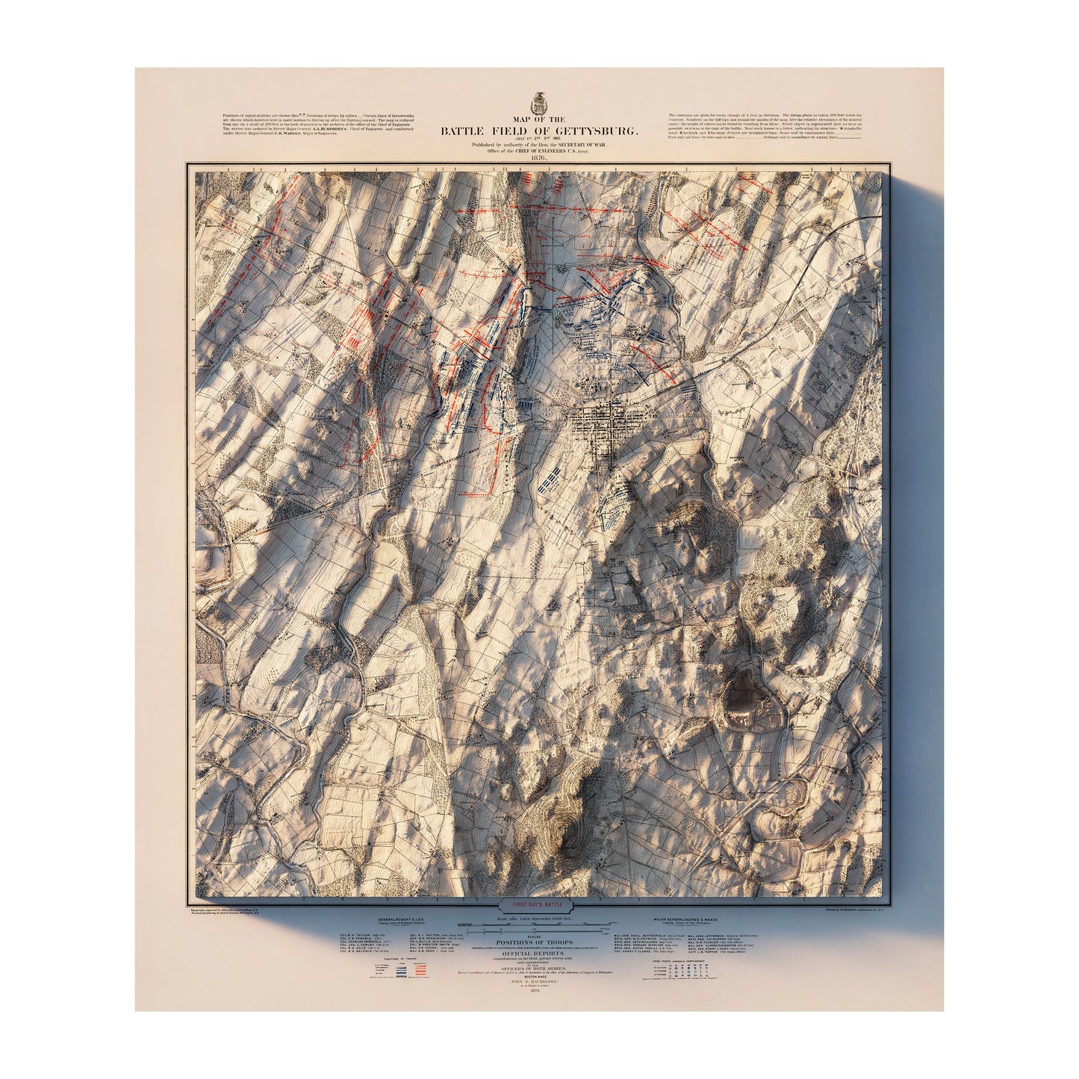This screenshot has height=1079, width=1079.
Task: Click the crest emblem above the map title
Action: [539, 102]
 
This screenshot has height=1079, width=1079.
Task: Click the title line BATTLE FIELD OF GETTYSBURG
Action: [539, 131]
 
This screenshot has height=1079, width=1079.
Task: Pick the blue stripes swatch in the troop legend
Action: [401, 968]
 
